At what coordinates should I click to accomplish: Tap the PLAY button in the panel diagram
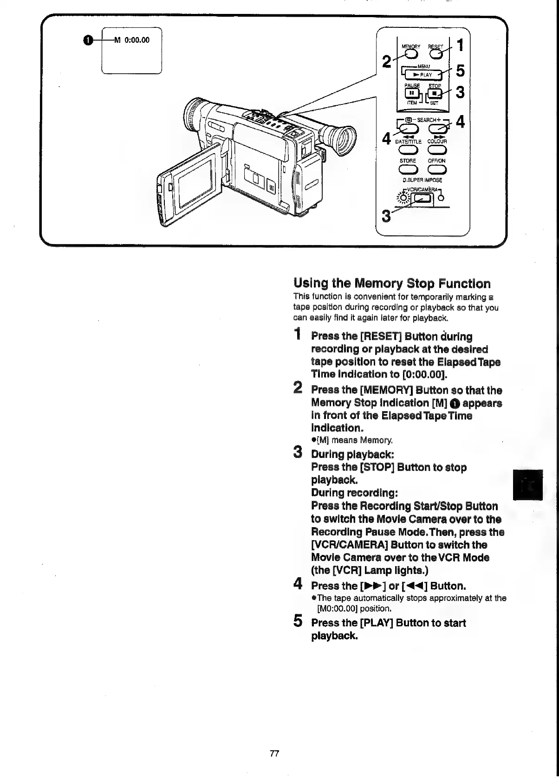click(x=423, y=74)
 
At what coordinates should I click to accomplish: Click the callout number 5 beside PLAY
click(x=460, y=71)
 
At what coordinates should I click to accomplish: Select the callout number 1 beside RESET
click(x=460, y=45)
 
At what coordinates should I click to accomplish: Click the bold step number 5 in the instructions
click(x=299, y=621)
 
